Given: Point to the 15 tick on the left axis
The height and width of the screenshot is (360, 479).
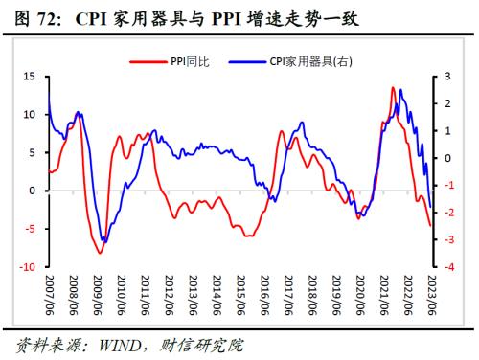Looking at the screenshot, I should click(30, 76).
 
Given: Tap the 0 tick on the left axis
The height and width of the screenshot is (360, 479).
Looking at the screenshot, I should click(32, 191).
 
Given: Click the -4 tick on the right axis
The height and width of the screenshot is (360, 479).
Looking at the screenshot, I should click(447, 267).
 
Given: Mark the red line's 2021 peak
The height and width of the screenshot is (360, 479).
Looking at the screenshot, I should click(393, 88).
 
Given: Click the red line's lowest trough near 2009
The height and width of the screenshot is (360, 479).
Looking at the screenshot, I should click(99, 253).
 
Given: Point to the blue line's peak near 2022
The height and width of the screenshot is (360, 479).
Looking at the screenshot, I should click(400, 91).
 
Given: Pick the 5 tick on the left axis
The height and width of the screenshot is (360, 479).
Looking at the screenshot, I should click(32, 152).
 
